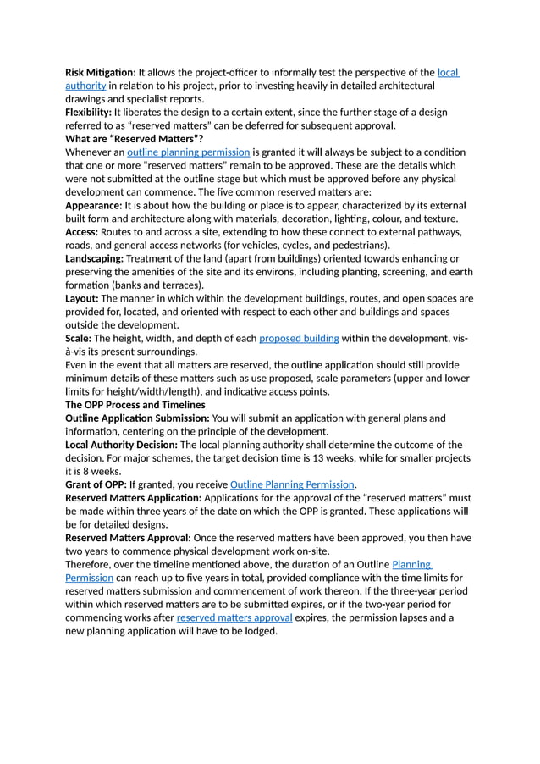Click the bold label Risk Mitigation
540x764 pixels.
100,73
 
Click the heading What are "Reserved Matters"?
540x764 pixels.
135,139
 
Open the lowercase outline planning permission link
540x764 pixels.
188,152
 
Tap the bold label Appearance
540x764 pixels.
94,206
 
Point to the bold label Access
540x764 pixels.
81,232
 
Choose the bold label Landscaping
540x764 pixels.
95,258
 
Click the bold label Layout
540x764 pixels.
82,298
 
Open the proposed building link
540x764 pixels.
299,338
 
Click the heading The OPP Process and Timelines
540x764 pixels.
135,405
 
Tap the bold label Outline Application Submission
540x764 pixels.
137,418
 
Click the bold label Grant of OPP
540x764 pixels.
96,484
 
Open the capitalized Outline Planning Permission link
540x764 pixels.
292,484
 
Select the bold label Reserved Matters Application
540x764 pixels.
133,498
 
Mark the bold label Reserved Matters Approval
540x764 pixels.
129,538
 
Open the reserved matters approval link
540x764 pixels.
234,617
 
